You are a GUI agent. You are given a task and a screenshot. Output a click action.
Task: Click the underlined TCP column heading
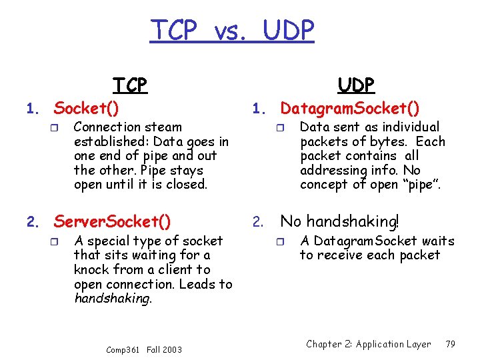point(130,85)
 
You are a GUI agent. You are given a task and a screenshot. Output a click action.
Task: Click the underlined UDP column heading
point(356,85)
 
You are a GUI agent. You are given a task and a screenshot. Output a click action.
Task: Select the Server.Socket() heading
point(112,221)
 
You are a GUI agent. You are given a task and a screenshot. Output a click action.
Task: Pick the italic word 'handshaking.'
point(113,299)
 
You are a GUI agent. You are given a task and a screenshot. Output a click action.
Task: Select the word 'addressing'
point(330,170)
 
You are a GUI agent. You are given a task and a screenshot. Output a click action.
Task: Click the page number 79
point(450,344)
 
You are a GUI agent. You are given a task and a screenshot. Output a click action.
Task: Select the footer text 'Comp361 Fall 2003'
point(144,350)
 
